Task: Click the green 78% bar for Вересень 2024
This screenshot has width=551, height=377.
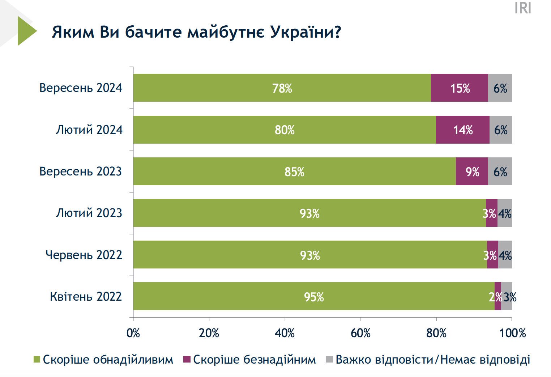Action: (282, 88)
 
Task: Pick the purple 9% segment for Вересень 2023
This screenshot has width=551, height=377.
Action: (471, 171)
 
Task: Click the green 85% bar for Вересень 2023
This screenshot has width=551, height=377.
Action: (294, 171)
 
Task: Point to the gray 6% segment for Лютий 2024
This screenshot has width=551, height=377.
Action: (501, 130)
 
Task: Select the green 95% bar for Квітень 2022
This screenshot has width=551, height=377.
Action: (313, 296)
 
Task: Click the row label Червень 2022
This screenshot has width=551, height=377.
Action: (84, 255)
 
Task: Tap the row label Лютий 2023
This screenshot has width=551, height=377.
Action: (89, 213)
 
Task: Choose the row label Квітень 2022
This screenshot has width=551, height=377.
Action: (86, 296)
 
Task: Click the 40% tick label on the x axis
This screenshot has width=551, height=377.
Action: (285, 333)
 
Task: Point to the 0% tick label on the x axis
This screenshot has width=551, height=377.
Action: (133, 333)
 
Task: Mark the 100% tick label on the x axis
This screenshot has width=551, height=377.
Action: (512, 333)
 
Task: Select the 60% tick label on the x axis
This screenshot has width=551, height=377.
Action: (360, 333)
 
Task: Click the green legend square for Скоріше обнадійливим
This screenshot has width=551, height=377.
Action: (37, 360)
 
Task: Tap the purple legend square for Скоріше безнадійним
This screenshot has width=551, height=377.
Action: (187, 360)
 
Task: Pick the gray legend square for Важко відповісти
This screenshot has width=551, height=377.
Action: (329, 360)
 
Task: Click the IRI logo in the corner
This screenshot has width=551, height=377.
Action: (523, 8)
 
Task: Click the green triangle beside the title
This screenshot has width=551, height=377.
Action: (26, 31)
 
